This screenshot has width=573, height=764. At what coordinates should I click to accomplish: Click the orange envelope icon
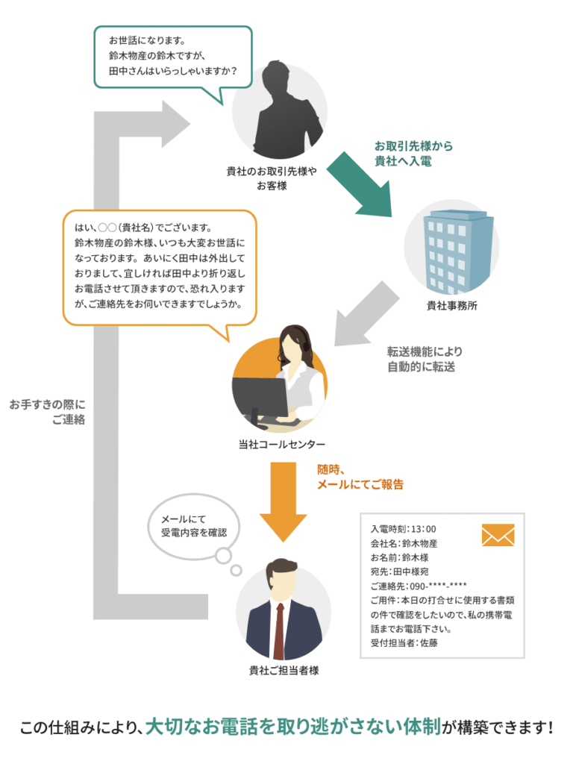(x=498, y=536)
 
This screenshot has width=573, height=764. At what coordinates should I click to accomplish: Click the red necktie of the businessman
(x=279, y=627)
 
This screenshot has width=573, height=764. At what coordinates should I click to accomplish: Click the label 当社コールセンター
(x=281, y=445)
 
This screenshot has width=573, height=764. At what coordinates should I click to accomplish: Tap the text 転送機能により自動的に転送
(x=420, y=359)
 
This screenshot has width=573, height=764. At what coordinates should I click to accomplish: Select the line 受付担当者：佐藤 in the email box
(x=404, y=642)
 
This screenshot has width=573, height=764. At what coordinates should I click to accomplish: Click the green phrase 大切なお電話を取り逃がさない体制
(x=293, y=727)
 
